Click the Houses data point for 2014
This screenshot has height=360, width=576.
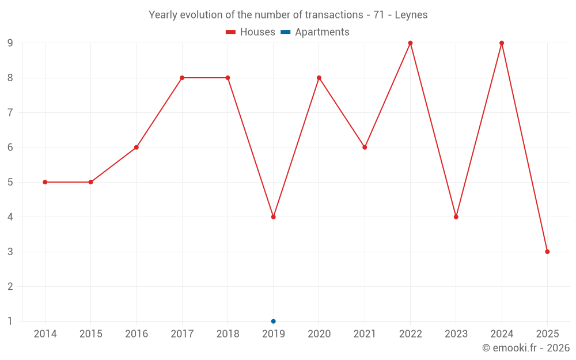(45, 182)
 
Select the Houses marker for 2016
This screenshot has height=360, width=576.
(137, 147)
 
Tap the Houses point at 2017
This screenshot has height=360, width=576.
(182, 78)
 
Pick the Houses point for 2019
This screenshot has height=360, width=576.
(274, 217)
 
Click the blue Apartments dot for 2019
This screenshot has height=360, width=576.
(274, 321)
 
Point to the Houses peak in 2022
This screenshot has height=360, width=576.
(410, 43)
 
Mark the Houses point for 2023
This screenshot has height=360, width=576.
(456, 217)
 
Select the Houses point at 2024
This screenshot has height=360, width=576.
(502, 43)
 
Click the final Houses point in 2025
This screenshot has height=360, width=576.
(547, 252)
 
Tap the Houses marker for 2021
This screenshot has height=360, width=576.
(365, 147)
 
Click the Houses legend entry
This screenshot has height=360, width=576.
(251, 32)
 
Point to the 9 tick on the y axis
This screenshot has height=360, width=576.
(10, 43)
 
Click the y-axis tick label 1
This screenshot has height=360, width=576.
(10, 321)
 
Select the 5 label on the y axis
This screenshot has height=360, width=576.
(10, 182)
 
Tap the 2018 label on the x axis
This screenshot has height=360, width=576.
(228, 334)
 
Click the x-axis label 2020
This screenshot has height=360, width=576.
(319, 334)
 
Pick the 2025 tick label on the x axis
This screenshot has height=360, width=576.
(547, 334)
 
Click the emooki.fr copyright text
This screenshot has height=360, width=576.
(526, 348)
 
